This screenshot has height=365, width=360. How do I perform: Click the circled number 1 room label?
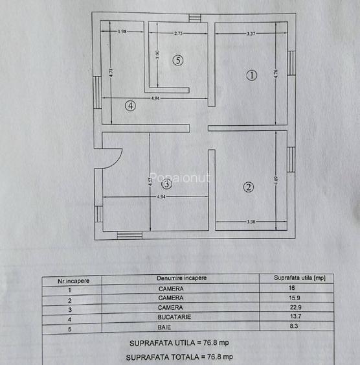[x=251, y=75]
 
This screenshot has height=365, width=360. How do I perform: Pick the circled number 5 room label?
[x=179, y=60]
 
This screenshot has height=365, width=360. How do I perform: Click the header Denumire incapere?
[x=181, y=277]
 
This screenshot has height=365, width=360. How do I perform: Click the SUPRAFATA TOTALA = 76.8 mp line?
[x=179, y=357]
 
